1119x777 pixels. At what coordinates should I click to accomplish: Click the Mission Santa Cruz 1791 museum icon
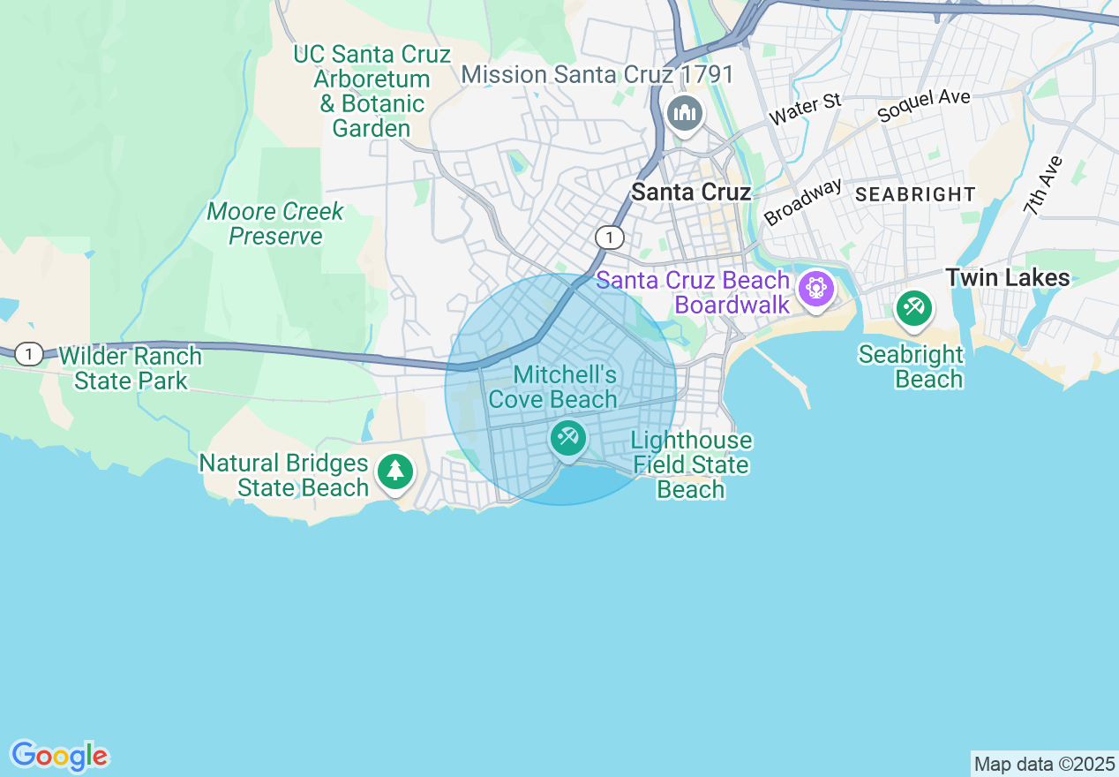tap(684, 114)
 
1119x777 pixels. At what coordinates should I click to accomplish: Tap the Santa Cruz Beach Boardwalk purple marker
tap(815, 288)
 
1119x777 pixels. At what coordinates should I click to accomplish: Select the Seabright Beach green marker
tap(913, 308)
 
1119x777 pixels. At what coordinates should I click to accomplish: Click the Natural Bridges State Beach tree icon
tap(395, 471)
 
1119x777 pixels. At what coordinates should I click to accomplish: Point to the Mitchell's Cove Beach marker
tap(567, 437)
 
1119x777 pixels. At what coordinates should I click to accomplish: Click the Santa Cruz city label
tap(691, 192)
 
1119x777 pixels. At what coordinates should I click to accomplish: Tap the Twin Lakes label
tap(1007, 277)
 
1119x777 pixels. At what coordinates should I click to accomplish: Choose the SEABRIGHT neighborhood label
tap(915, 194)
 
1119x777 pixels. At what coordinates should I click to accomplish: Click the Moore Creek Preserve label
tap(275, 224)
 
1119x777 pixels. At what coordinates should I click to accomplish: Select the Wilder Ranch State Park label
tap(131, 369)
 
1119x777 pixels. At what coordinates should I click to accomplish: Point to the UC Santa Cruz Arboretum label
tap(372, 91)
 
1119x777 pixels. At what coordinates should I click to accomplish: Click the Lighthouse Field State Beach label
tap(691, 464)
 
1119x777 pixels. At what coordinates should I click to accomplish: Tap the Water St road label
tap(805, 109)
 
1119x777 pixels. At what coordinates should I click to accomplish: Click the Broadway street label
tap(802, 202)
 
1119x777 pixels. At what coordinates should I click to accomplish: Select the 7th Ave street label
tap(1043, 186)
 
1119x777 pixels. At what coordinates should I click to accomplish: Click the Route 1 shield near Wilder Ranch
tap(29, 354)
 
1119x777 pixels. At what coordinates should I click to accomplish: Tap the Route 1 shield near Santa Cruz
tap(609, 237)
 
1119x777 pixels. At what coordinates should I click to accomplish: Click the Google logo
tap(59, 756)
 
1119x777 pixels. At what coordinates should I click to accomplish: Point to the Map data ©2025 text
tap(1045, 764)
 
